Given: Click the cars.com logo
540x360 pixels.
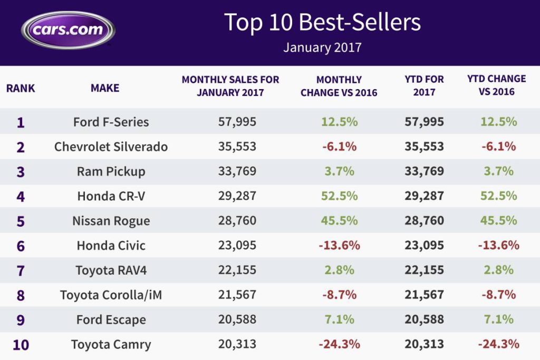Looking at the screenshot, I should point(68,30).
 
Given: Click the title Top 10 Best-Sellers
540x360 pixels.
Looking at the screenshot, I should point(322,23).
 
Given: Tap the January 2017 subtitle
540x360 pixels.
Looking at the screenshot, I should point(322,47).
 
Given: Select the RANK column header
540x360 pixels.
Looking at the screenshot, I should point(21,88).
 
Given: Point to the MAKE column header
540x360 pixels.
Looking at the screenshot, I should point(105,88).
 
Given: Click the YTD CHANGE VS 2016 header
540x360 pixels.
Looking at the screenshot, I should point(496,85).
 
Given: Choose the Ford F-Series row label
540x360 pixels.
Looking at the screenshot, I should point(111,122).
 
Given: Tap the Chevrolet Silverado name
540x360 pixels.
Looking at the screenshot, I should point(111,147).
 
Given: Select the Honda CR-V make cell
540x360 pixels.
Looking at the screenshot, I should point(111,196).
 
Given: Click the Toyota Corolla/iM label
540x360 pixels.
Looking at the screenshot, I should point(111,295).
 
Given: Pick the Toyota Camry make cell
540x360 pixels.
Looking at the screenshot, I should point(111,345).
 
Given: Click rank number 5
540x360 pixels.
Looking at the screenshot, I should point(21,221).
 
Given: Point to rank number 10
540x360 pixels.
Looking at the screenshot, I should point(21,345).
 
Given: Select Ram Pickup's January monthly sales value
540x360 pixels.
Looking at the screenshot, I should point(237,171).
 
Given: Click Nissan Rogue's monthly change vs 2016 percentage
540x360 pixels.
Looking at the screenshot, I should point(339,220).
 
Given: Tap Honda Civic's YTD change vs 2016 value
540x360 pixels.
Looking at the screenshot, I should point(498,245).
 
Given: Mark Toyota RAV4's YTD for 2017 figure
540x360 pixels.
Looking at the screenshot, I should point(424,270).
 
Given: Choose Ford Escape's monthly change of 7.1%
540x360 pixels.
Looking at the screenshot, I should point(339,319).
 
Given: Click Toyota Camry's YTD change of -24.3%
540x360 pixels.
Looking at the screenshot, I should point(498,344).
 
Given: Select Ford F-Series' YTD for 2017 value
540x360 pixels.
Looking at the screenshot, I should point(424,122).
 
